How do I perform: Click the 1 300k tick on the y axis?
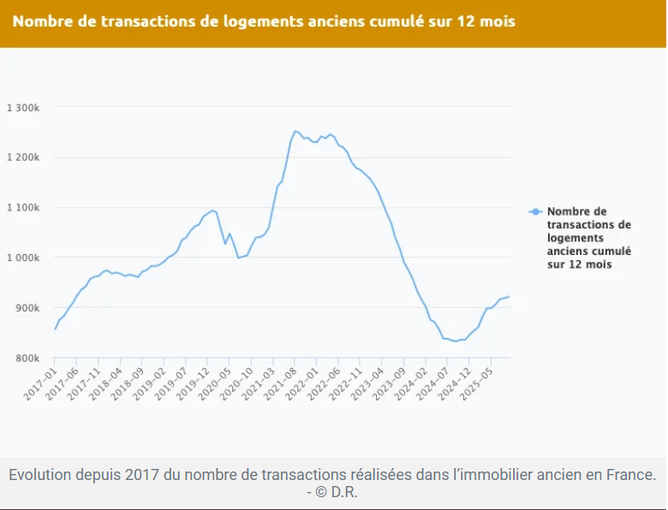click(x=23, y=108)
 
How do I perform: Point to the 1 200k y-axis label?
click(x=23, y=157)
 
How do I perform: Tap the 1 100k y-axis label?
click(x=23, y=207)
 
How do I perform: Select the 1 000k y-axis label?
click(x=23, y=258)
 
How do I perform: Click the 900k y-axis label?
click(x=27, y=308)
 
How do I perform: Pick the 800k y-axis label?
click(x=27, y=358)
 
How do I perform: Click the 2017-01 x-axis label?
click(x=40, y=384)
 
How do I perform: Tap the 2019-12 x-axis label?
click(x=193, y=384)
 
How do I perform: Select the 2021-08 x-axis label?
click(x=280, y=384)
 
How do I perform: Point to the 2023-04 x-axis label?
click(x=367, y=384)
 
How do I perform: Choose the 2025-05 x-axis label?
click(x=476, y=384)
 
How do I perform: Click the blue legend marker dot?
click(x=535, y=211)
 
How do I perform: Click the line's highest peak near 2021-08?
click(x=295, y=131)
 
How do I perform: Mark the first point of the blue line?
click(x=55, y=329)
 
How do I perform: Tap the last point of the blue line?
click(x=509, y=297)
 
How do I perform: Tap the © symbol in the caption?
click(x=321, y=492)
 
